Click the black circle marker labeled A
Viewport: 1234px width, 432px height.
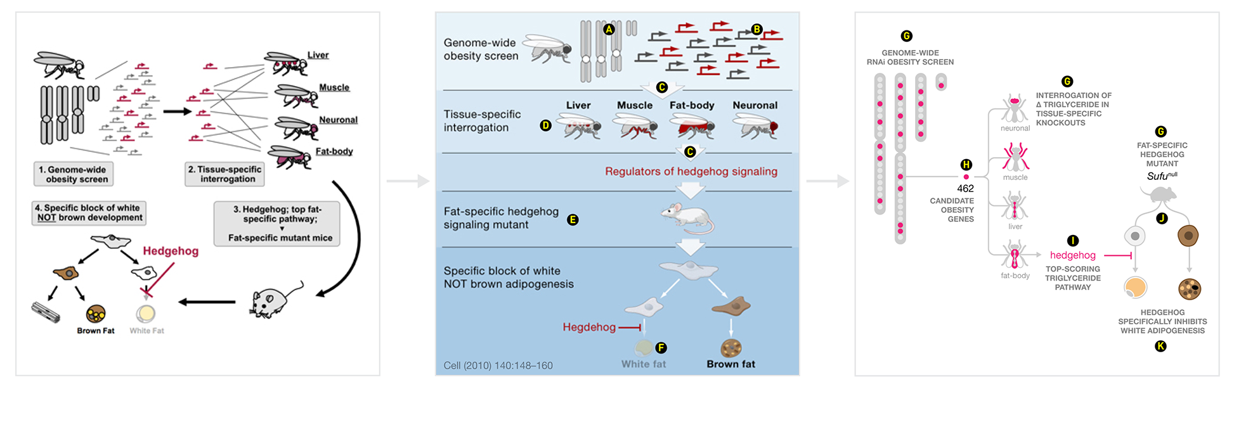[x=609, y=29]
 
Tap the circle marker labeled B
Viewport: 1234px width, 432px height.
[x=757, y=29]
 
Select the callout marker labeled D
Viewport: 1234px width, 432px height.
[x=545, y=125]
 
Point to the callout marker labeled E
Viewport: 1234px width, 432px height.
[x=573, y=220]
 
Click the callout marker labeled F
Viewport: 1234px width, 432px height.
[x=661, y=347]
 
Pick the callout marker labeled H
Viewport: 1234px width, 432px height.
[x=966, y=165]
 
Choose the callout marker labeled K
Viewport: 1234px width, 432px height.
[x=1160, y=346]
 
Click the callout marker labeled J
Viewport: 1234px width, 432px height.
[x=1162, y=219]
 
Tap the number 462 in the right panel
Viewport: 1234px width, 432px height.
[x=965, y=188]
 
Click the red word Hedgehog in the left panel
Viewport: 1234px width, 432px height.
[x=171, y=251]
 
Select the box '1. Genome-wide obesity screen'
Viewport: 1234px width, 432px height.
[x=74, y=174]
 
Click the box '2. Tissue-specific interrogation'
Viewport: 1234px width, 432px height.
[x=224, y=174]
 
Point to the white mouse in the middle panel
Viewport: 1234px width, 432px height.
[x=688, y=219]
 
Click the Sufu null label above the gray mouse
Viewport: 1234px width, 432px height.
[x=1162, y=175]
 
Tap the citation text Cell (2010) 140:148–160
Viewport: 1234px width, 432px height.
[x=498, y=365]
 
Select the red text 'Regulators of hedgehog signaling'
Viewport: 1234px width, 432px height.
[x=691, y=172]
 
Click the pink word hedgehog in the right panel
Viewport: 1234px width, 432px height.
[x=1073, y=255]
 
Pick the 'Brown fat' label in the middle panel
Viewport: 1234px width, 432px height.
[x=731, y=364]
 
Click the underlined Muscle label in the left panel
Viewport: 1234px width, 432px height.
[x=334, y=87]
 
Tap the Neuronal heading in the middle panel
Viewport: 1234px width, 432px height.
[x=755, y=105]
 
